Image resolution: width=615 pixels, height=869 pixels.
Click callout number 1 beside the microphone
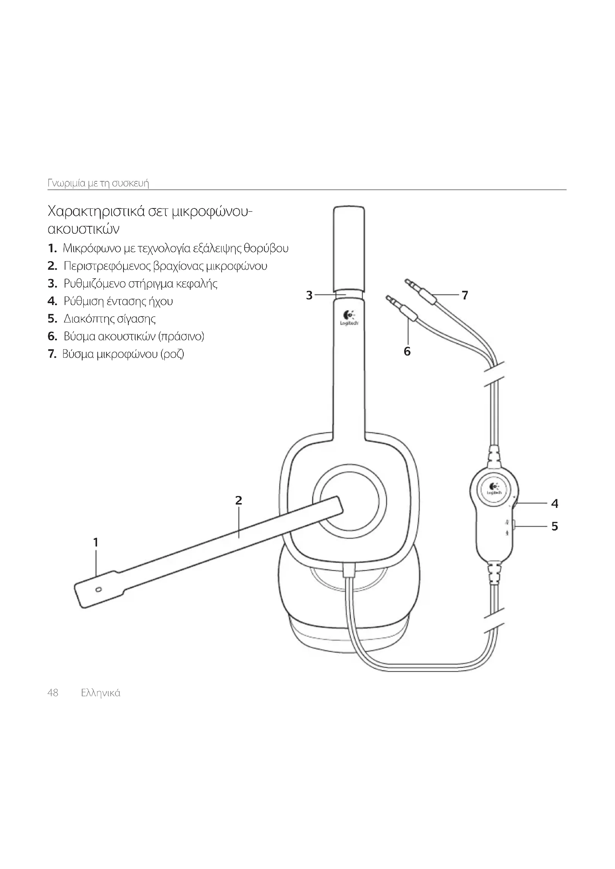(96, 542)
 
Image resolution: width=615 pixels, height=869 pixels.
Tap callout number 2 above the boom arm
(238, 500)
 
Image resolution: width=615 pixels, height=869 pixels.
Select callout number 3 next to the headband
(309, 295)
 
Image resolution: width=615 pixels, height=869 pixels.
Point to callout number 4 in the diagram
(554, 503)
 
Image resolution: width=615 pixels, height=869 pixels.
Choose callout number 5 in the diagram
(554, 526)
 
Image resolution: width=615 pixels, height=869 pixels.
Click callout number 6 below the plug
(407, 351)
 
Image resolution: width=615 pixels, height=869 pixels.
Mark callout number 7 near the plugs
(465, 295)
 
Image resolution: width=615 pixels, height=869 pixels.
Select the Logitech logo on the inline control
(494, 489)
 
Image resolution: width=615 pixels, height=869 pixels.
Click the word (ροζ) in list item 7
(172, 354)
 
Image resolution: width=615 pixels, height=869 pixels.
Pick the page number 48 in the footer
(53, 693)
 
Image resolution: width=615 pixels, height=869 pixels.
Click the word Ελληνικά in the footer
(101, 693)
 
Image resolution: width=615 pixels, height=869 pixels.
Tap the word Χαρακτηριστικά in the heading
(95, 211)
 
